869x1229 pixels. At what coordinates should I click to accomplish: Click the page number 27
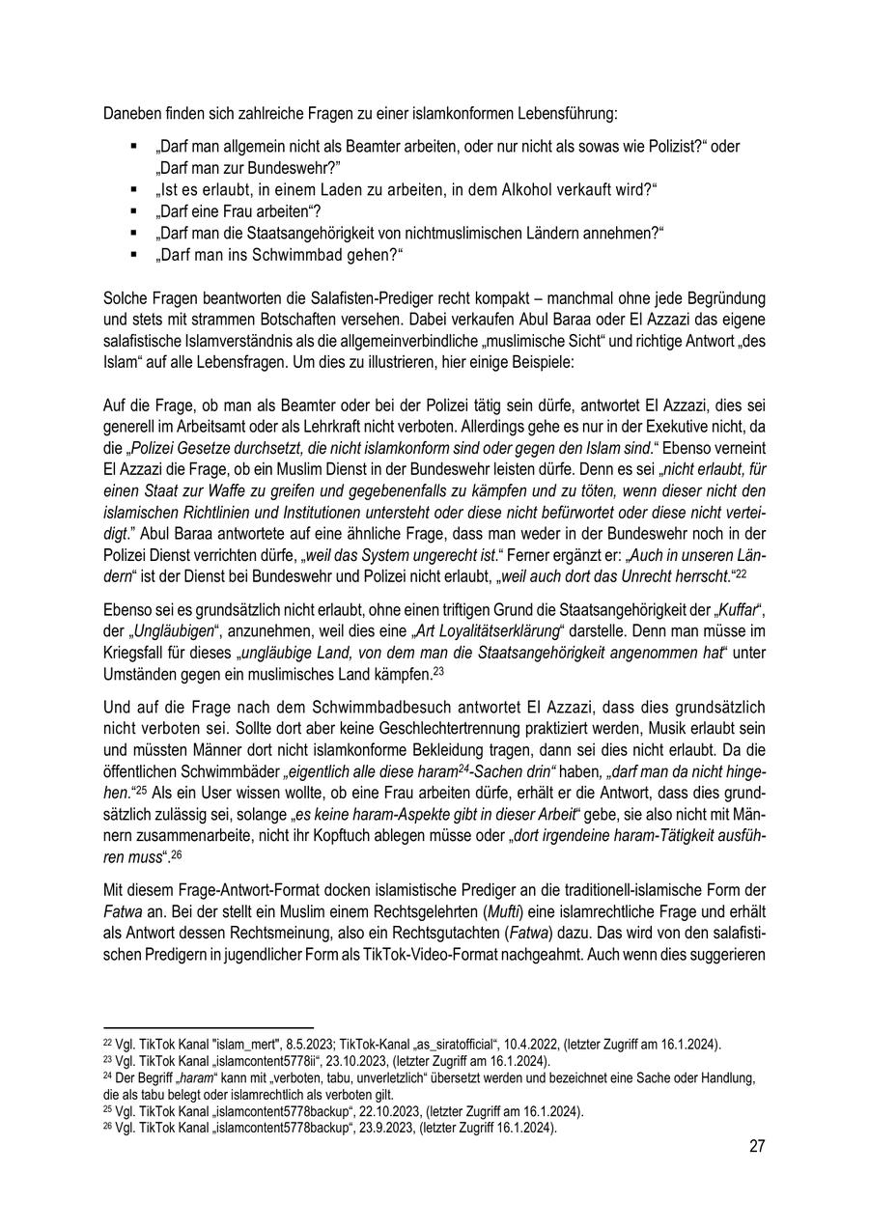(x=756, y=1146)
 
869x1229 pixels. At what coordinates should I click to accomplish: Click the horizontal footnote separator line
(x=209, y=1029)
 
